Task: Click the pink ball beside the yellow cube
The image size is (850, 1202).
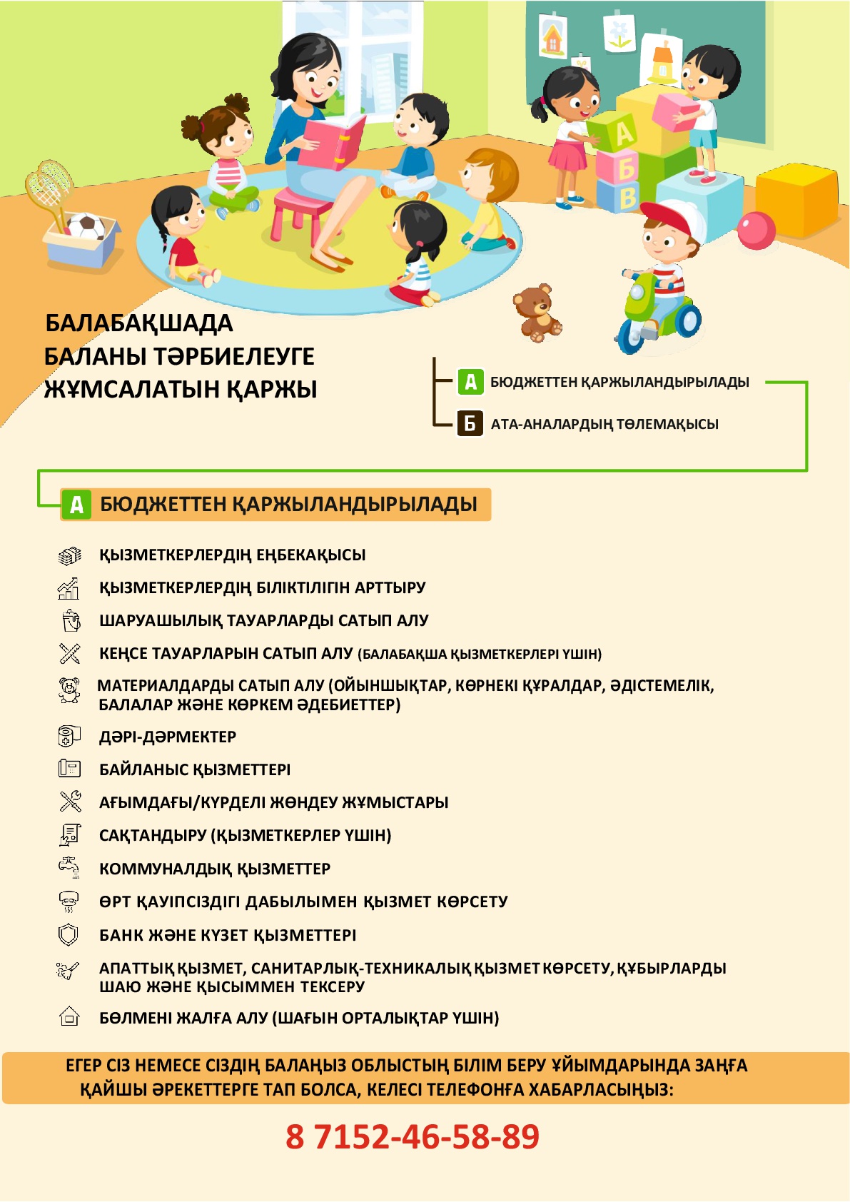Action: tap(756, 231)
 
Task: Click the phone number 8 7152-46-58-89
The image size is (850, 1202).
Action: tap(413, 1136)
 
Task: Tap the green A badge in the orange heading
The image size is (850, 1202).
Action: tap(76, 505)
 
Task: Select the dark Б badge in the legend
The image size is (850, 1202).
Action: tap(470, 423)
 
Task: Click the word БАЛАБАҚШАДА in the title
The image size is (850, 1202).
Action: tap(139, 323)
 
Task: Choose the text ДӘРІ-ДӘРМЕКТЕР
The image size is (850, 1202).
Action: tap(168, 737)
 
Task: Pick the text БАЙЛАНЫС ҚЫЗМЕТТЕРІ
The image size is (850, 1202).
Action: tap(195, 769)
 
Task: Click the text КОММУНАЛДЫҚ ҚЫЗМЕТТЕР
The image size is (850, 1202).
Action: tap(215, 869)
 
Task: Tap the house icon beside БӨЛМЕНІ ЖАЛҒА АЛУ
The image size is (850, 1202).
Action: tap(69, 1016)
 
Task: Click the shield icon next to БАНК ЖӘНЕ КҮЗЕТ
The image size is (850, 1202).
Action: tap(68, 934)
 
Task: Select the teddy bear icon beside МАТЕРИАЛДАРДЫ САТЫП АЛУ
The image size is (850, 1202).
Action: tap(69, 690)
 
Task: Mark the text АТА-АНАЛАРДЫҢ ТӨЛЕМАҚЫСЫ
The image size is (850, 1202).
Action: tap(604, 424)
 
